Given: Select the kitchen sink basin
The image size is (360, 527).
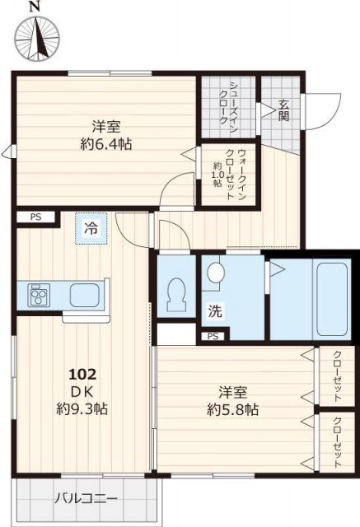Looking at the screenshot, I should [85, 294].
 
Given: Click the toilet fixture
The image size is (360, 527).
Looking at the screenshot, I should [177, 295].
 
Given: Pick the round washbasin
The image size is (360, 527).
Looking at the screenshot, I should [215, 272].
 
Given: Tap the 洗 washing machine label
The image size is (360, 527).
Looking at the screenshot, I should [214, 312].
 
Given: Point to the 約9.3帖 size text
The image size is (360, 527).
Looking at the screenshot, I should [83, 408].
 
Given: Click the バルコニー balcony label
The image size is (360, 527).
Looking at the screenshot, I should [86, 498].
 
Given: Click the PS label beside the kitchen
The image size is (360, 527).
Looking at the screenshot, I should [35, 217].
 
